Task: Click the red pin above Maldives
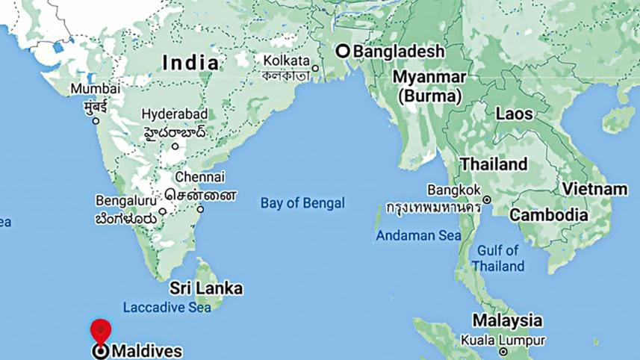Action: pos(100,330)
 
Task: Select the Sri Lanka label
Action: pos(206,288)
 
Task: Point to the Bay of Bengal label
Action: pos(302,203)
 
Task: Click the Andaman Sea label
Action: pos(418,235)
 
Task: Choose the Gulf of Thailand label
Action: pos(498,258)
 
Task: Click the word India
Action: pos(191,63)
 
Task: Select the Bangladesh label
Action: pos(398,52)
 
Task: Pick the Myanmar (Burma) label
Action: pos(429,87)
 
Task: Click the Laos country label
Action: pos(514,114)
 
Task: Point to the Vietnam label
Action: pos(594,189)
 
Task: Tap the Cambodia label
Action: pos(548,215)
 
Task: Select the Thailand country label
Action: pos(494,164)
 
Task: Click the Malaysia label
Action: pos(506,321)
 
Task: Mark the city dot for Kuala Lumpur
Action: pos(503,351)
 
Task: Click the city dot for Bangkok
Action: pos(487,199)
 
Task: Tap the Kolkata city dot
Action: pos(315,69)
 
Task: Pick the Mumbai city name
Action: pos(95,89)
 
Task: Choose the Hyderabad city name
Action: pos(175,114)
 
